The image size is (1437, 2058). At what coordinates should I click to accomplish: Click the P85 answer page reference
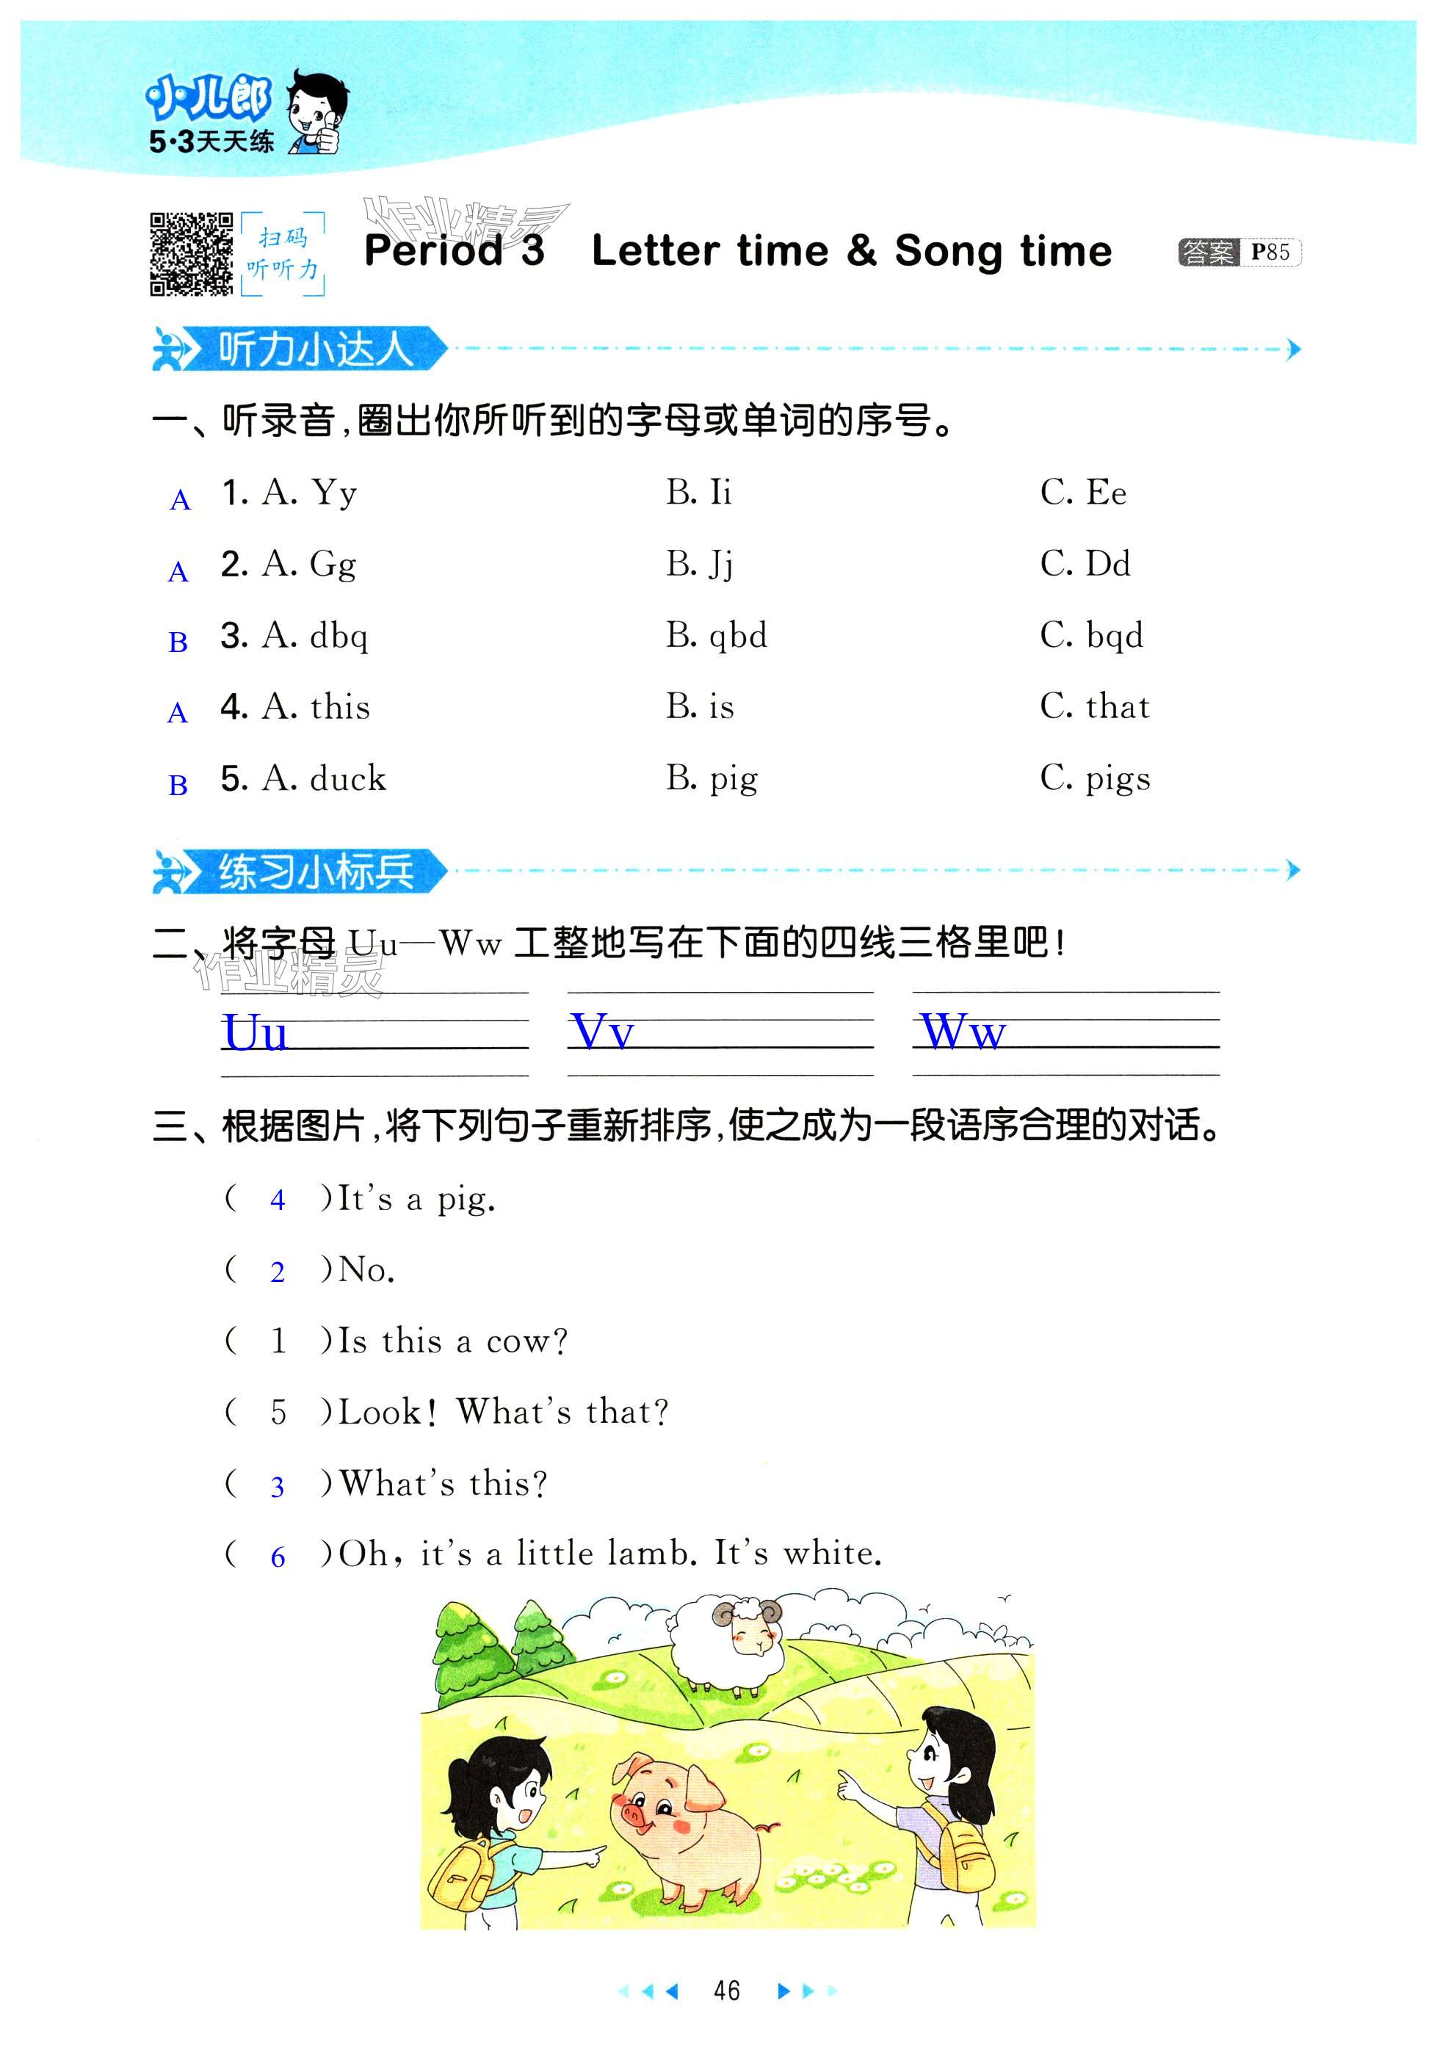1270,252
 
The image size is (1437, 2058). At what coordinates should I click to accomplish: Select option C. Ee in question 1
1083,492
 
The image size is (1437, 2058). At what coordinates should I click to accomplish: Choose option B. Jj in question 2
699,565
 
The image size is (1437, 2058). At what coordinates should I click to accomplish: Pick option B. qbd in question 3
716,636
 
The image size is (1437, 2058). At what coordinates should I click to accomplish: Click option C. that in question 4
1095,706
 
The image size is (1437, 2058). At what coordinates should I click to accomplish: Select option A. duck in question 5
324,778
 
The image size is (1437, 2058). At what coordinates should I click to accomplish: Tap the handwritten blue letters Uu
256,1032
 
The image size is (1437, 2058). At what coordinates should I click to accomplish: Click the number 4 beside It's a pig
278,1199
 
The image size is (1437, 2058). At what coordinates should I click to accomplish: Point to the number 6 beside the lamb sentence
278,1558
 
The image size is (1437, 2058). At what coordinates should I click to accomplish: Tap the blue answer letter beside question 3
178,642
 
